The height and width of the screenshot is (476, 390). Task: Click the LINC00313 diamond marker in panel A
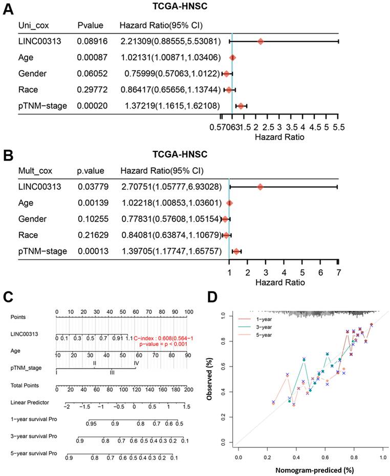(261, 41)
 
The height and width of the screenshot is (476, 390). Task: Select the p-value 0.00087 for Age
(92, 58)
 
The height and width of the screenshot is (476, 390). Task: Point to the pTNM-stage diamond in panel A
(241, 106)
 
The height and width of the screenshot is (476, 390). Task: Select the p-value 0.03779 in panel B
(93, 187)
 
